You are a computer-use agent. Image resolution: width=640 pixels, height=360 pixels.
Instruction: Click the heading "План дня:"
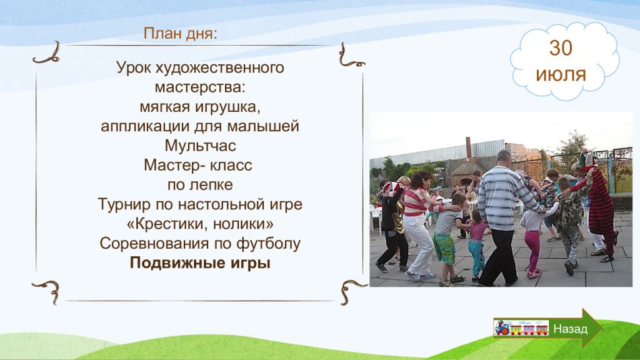pos(181,34)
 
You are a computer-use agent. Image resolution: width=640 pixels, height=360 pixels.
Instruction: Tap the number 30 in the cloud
pos(561,48)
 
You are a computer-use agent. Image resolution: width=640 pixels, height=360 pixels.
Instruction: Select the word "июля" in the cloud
pos(561,75)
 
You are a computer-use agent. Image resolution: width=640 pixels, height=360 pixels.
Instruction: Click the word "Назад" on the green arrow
pos(570,329)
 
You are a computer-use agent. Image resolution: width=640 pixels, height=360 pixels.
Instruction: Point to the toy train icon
pos(521,327)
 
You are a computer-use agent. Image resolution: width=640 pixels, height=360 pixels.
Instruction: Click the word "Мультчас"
pos(201,146)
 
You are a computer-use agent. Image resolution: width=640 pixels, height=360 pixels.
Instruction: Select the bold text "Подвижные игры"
pos(200,263)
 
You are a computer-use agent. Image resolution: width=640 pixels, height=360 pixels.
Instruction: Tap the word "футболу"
pos(269,244)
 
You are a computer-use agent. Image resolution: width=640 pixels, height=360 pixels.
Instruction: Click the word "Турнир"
pos(124,204)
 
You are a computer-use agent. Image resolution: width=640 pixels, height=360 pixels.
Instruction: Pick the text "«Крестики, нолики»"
pos(200,224)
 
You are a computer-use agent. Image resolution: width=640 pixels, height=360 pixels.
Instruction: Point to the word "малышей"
pos(263,126)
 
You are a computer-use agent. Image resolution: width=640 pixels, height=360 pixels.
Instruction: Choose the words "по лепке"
pos(200,185)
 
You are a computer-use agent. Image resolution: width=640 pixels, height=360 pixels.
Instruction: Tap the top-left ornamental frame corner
pos(46,54)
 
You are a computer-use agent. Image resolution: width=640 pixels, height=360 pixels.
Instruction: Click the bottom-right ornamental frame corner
pos(351,291)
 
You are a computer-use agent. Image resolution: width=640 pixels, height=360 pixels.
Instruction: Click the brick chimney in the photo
pos(469,147)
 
